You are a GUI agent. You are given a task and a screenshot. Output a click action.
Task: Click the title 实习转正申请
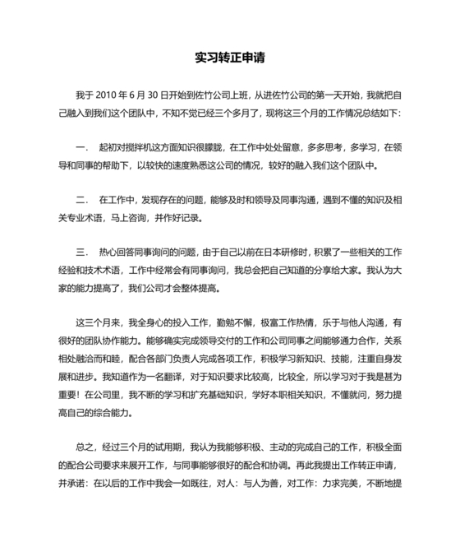(x=229, y=58)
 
